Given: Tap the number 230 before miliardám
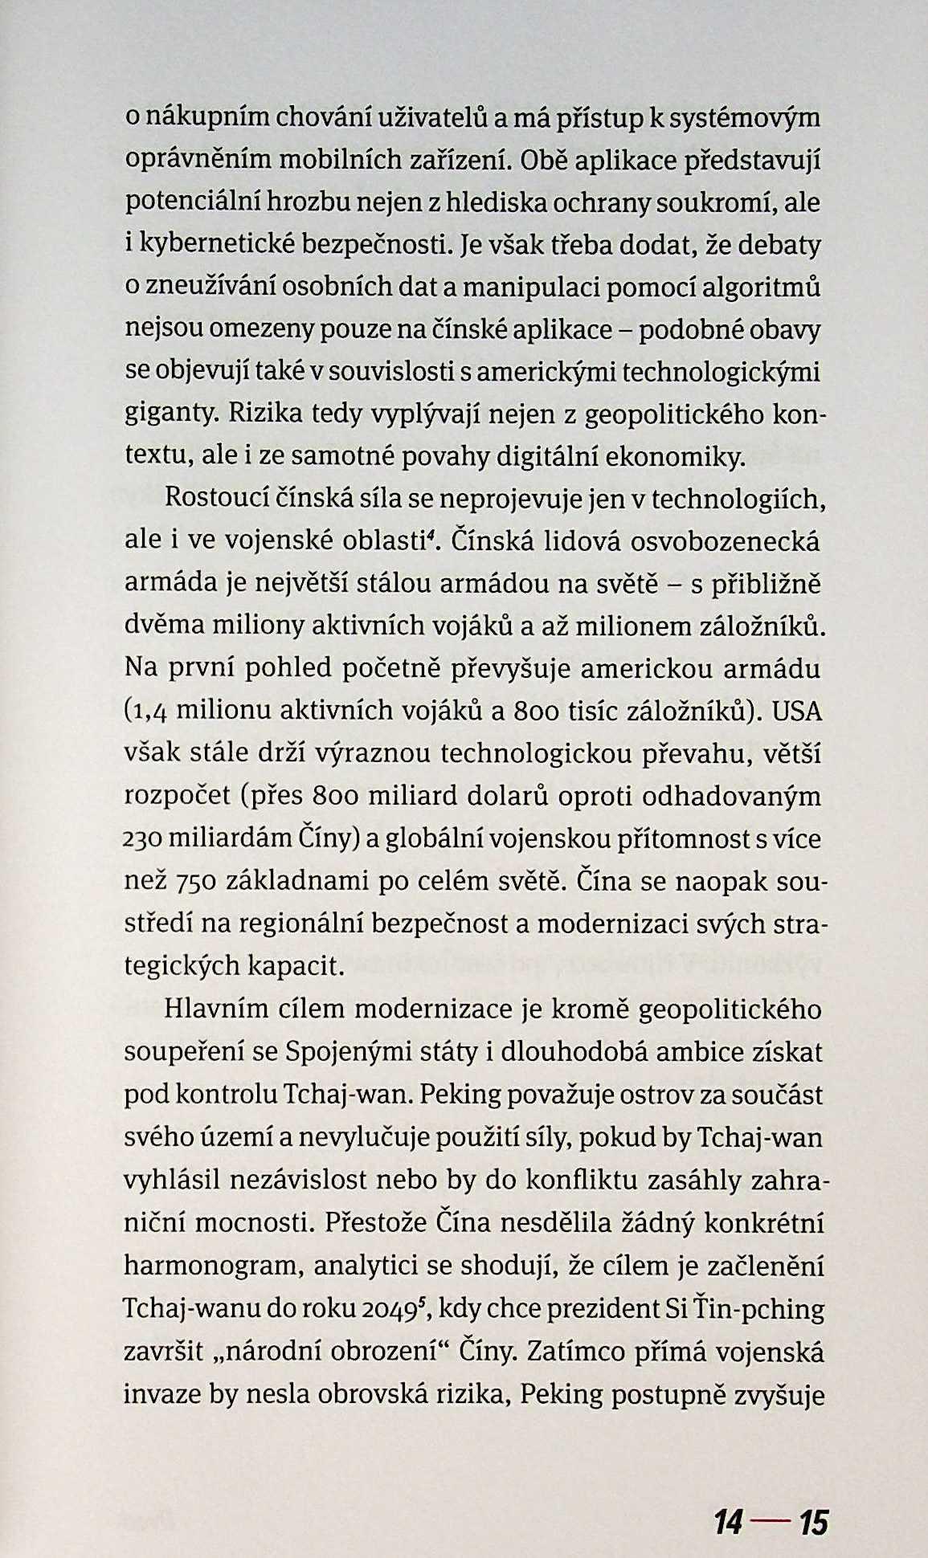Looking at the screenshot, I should (x=145, y=840).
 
